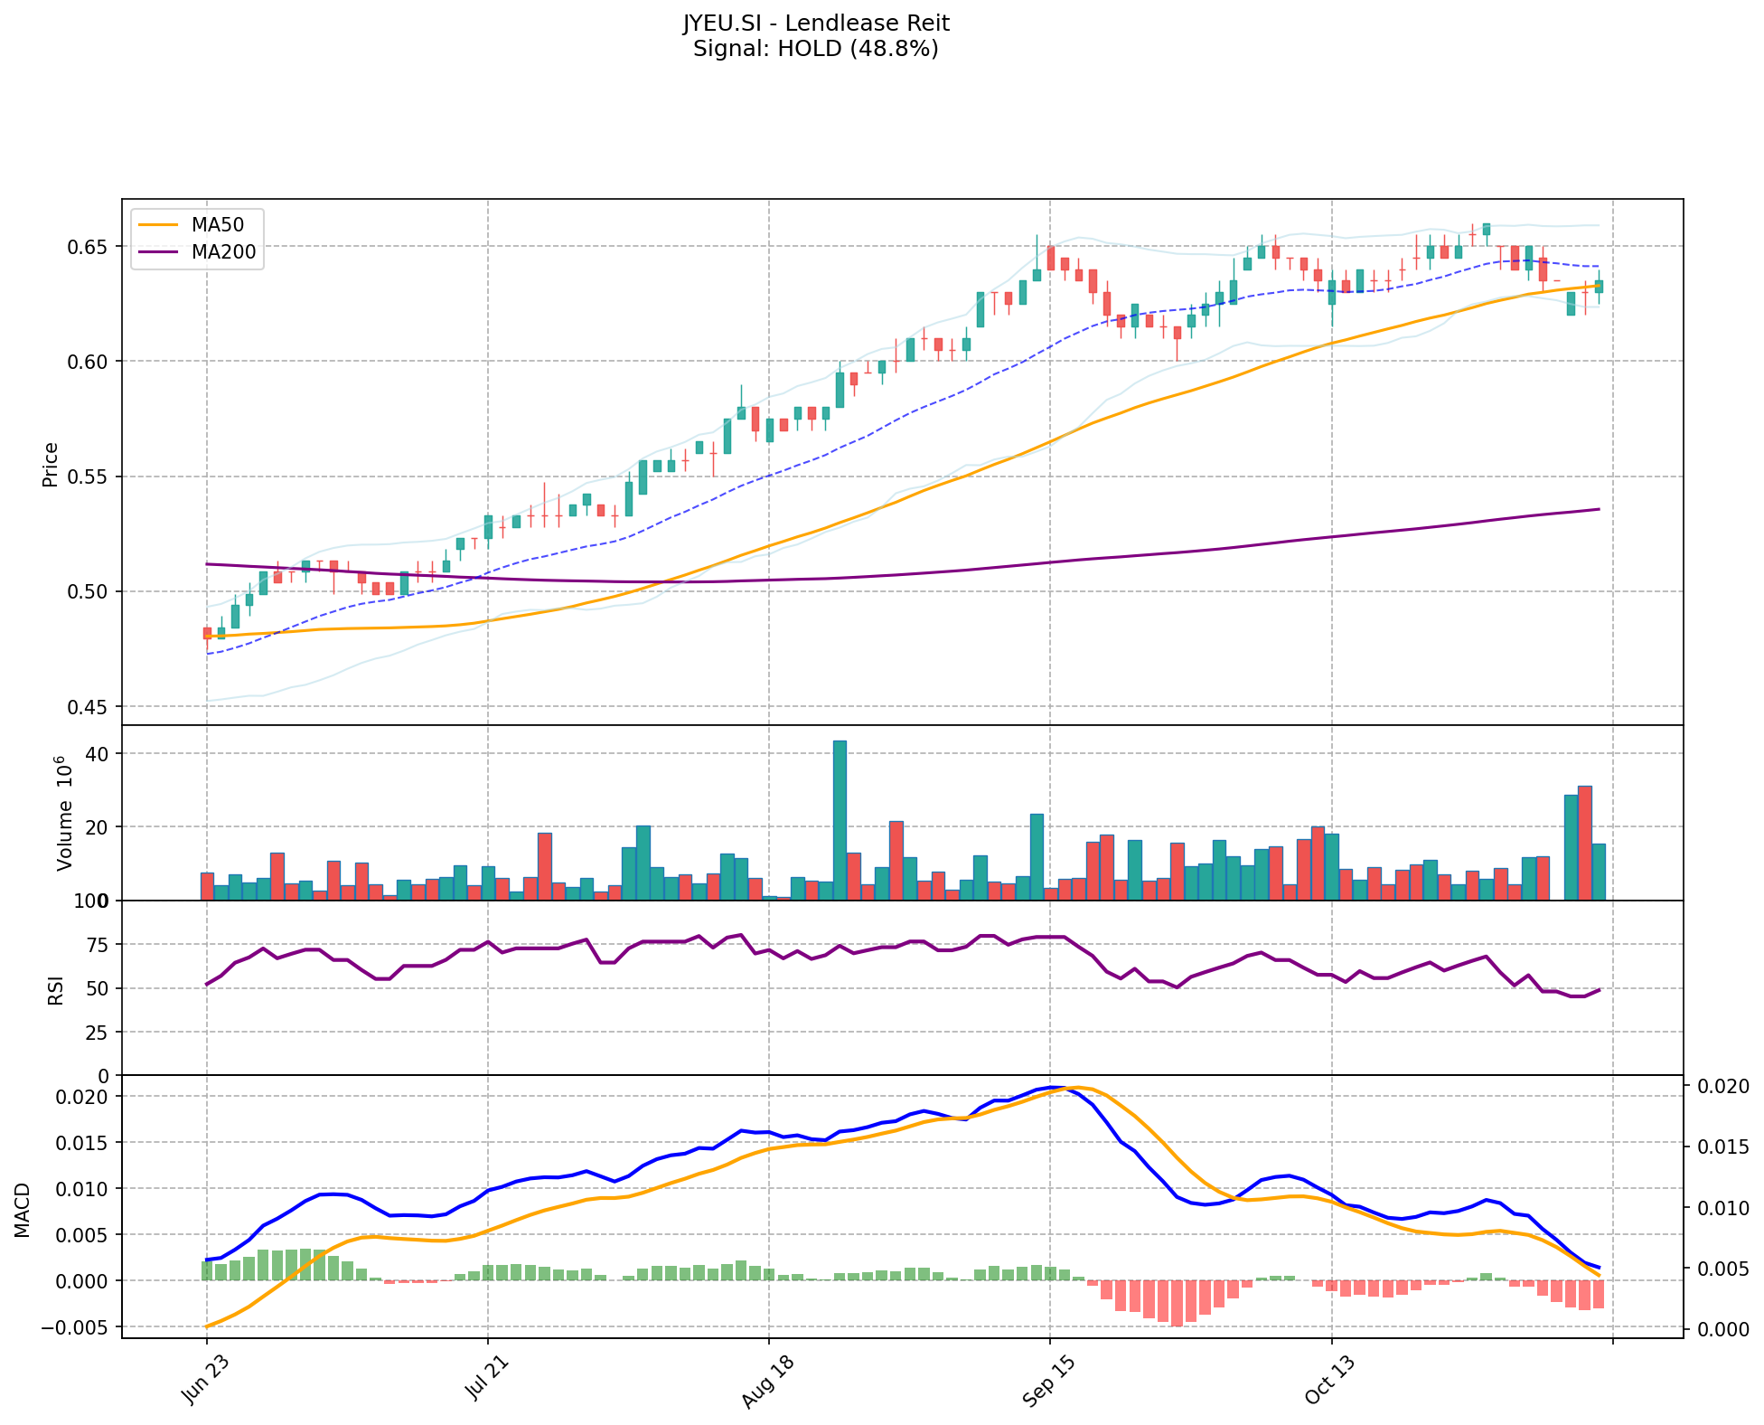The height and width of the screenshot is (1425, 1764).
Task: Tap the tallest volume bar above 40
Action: pos(840,819)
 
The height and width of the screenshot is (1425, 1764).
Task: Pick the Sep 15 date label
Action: pos(1046,1383)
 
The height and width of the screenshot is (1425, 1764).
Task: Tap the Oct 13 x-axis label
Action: pos(1328,1383)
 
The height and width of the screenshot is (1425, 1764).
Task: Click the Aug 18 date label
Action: pos(765,1383)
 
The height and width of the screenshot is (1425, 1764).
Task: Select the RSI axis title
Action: pos(56,989)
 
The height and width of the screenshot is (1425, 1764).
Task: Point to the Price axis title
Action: pos(51,465)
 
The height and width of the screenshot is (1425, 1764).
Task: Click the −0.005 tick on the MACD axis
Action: pos(80,1327)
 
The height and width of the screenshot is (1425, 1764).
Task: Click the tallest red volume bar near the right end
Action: pos(1585,843)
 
